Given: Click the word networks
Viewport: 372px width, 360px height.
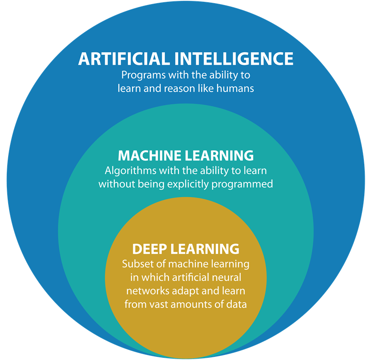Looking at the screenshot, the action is coord(145,291).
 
